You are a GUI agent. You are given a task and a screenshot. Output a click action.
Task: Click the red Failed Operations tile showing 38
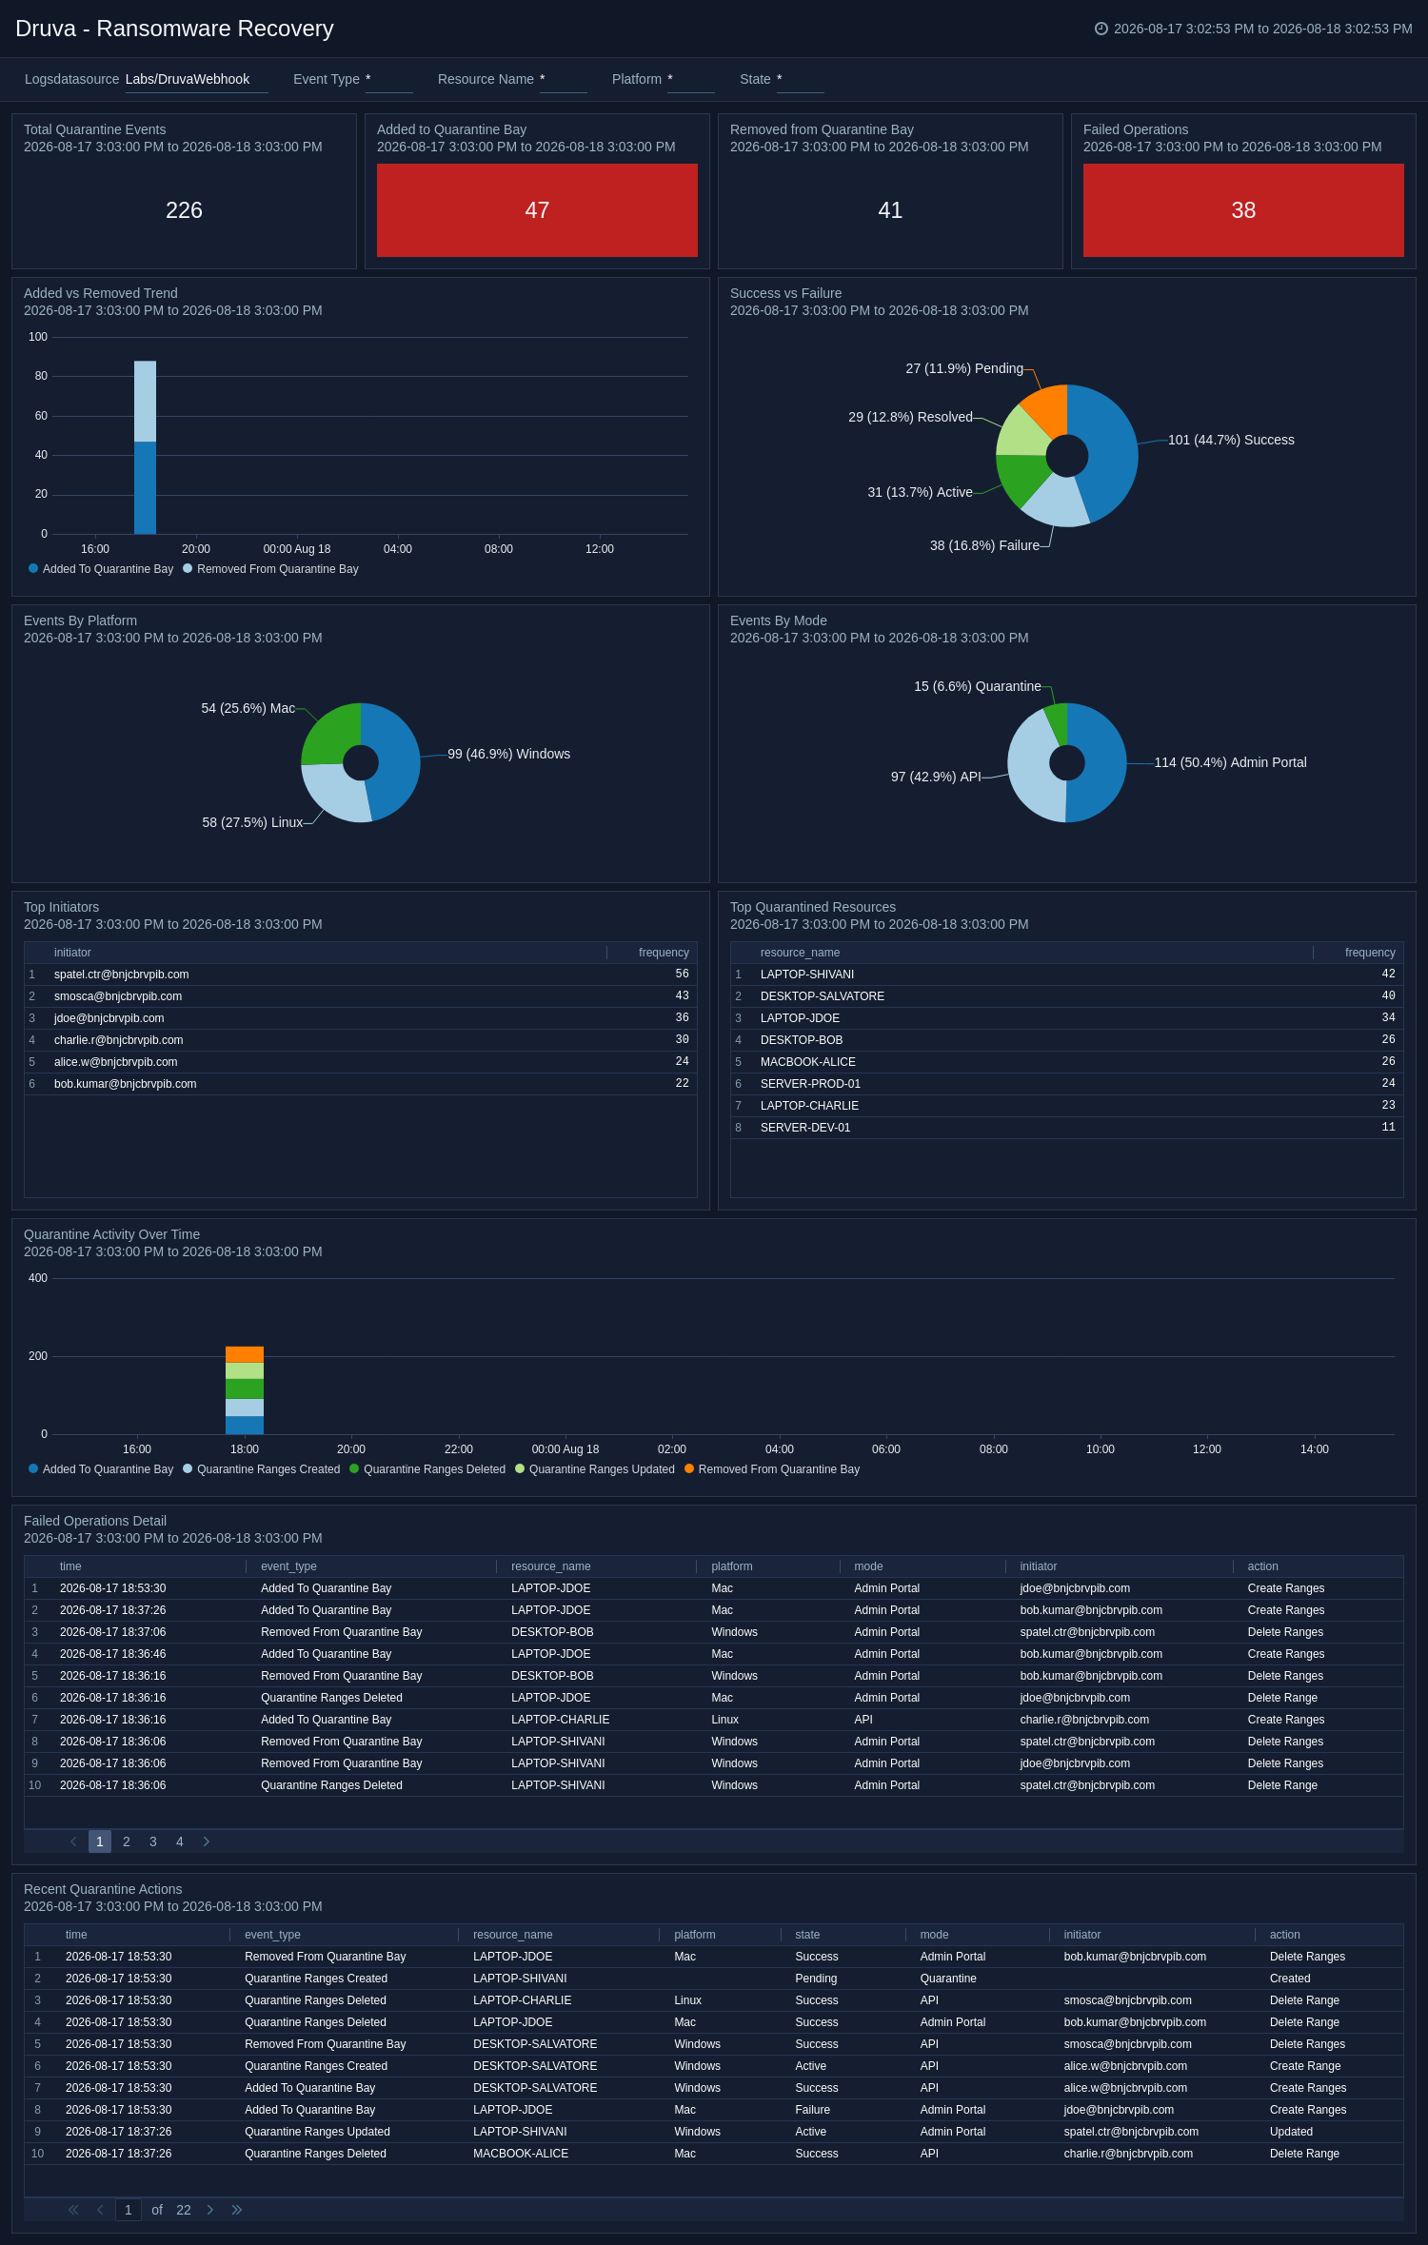(1243, 210)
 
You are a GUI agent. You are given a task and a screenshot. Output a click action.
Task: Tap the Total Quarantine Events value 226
(184, 210)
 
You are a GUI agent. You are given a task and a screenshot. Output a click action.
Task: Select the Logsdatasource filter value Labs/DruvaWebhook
(188, 79)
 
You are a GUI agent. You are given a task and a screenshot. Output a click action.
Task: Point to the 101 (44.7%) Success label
(1231, 440)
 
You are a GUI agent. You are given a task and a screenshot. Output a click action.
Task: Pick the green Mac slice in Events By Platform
(328, 735)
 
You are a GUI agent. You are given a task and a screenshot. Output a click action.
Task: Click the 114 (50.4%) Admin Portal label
(1230, 762)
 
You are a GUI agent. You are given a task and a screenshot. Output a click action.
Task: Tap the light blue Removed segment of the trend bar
(145, 402)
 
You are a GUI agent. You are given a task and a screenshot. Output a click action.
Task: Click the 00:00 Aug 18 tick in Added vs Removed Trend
(297, 549)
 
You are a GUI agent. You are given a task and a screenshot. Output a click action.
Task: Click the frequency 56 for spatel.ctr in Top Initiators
(682, 974)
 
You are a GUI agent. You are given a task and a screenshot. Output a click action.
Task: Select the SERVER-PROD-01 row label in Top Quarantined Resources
(810, 1084)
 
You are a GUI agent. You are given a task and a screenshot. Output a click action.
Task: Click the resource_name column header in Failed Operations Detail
(550, 1566)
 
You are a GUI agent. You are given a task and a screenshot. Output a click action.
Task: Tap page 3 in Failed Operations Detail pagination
(153, 1841)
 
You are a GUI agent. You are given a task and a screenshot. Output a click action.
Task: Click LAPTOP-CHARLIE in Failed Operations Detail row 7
(560, 1720)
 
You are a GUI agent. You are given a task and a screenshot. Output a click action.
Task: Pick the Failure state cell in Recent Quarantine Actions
(813, 2110)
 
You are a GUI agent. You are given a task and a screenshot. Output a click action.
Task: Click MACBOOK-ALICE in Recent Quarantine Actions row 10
(521, 2154)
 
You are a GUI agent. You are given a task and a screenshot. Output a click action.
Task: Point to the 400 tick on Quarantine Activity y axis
(38, 1278)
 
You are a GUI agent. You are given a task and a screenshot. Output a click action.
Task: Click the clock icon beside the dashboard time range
(1101, 29)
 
